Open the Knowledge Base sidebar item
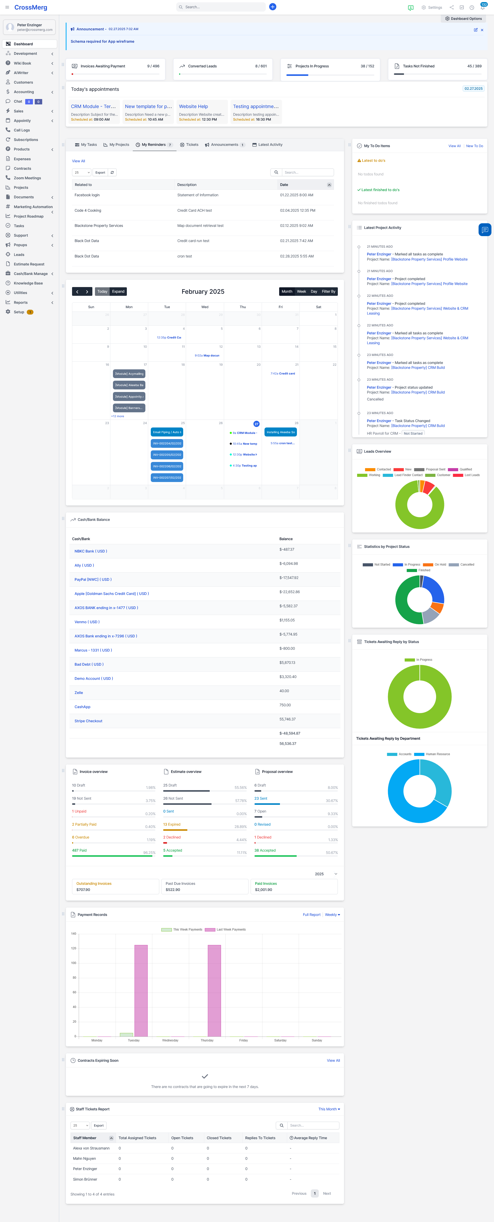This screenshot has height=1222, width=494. (x=28, y=283)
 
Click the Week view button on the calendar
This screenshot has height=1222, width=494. (x=301, y=292)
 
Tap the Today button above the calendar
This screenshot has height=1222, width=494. (x=102, y=292)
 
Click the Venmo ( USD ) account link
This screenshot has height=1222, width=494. (x=87, y=622)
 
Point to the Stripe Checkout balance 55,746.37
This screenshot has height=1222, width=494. (x=288, y=719)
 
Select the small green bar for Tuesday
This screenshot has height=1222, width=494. (x=126, y=1034)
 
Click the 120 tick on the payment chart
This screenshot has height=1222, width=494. (x=74, y=948)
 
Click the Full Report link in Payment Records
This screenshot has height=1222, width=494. (x=311, y=915)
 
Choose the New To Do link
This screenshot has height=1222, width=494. (x=474, y=146)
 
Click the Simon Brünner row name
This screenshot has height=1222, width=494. (x=85, y=1179)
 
